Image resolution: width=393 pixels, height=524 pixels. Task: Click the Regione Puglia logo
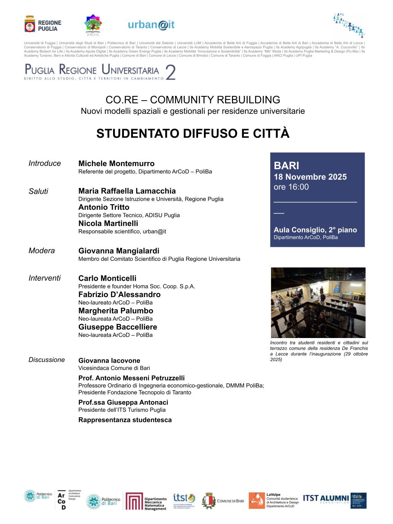click(42, 25)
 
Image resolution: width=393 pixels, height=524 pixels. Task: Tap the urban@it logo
click(151, 25)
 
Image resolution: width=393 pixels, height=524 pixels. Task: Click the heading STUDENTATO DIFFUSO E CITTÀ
click(193, 133)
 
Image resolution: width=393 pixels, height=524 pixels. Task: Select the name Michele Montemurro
click(116, 163)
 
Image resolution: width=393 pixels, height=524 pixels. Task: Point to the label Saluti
click(38, 191)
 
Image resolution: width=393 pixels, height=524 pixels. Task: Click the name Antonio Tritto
click(104, 207)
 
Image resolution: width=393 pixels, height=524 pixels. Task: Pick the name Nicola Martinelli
click(108, 223)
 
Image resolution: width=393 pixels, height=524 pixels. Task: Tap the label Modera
click(41, 251)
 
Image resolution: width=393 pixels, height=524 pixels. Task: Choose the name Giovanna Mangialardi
click(119, 251)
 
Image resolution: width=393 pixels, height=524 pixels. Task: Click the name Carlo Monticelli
click(107, 278)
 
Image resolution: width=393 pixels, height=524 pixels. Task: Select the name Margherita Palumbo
click(115, 311)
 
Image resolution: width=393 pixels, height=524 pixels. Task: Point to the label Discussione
click(46, 360)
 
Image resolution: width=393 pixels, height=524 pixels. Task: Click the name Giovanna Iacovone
click(109, 361)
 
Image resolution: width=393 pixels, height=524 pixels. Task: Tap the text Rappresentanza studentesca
click(125, 420)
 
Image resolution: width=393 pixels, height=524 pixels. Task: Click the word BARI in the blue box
click(287, 166)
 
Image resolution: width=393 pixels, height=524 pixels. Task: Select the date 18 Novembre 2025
click(310, 177)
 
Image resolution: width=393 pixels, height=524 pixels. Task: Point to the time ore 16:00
click(291, 187)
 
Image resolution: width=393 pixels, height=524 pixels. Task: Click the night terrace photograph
click(318, 303)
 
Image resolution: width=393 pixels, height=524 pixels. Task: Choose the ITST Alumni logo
click(326, 499)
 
